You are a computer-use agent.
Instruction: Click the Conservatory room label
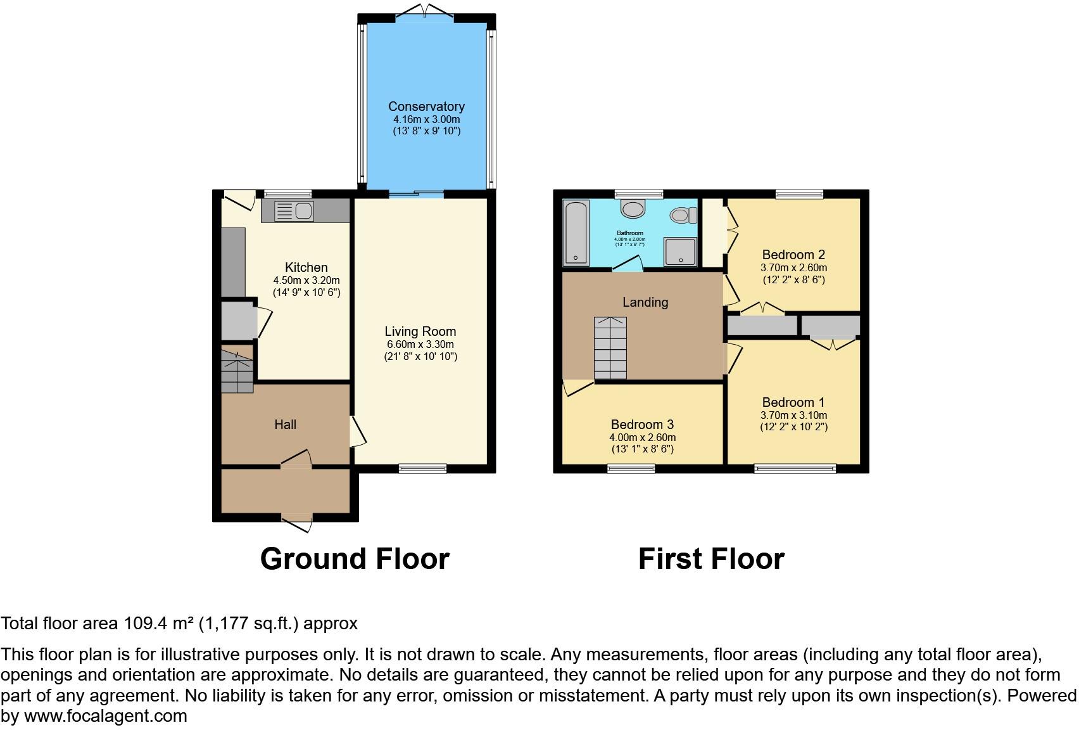(426, 106)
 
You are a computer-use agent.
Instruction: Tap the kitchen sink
(294, 211)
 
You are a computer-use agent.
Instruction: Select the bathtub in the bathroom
(576, 232)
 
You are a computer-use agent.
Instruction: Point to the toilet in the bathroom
(682, 215)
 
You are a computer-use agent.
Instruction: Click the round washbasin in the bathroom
(632, 208)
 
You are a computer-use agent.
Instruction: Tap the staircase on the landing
(610, 348)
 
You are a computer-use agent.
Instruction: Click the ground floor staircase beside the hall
(237, 369)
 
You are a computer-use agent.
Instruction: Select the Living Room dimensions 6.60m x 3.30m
(420, 344)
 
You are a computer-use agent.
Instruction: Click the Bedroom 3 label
(642, 425)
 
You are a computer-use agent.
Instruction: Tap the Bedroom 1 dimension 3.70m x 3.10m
(793, 415)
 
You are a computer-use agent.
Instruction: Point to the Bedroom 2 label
(793, 255)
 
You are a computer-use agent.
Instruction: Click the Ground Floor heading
(355, 559)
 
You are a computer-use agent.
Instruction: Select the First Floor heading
(711, 559)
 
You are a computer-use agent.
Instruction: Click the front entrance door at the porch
(296, 521)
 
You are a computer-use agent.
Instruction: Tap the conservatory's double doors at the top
(426, 12)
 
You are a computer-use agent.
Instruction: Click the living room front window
(423, 469)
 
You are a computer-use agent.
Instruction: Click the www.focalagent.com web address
(106, 716)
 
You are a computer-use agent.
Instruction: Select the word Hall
(285, 425)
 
